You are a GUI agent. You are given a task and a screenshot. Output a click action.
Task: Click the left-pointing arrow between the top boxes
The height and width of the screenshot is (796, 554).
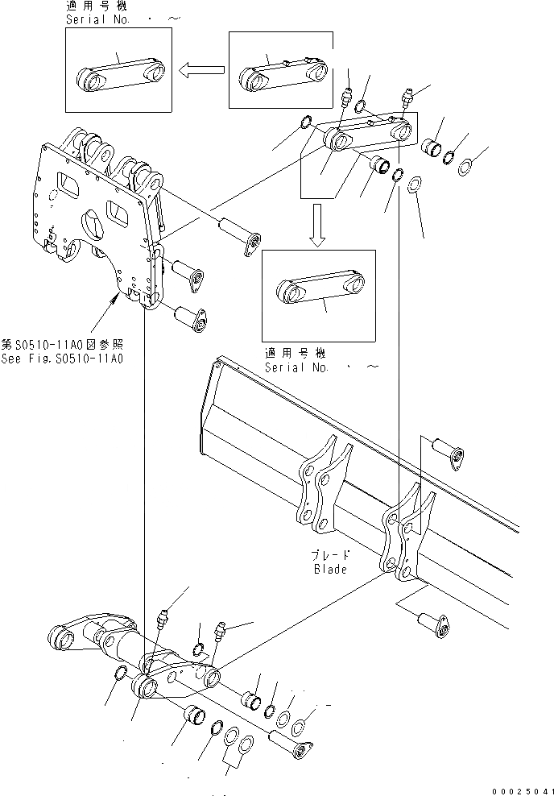pos(201,70)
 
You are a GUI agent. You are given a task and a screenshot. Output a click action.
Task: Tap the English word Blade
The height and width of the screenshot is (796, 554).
pos(330,570)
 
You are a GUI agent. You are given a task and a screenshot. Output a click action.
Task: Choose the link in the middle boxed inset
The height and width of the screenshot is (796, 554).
pos(320,288)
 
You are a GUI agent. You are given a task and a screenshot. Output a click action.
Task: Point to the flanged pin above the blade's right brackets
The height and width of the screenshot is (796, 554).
pos(446,451)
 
